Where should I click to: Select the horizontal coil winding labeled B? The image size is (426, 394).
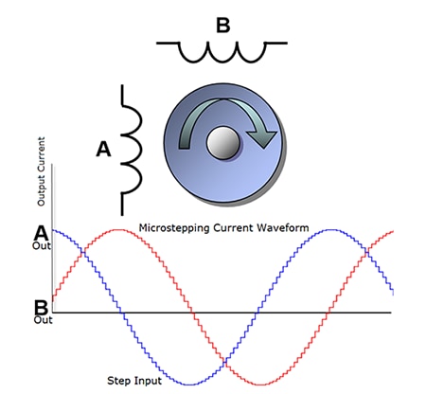pyautogui.click(x=222, y=51)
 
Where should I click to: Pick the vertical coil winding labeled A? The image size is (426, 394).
pyautogui.click(x=131, y=149)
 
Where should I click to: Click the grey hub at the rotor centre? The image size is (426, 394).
pyautogui.click(x=222, y=145)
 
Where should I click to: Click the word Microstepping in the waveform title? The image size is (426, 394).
pyautogui.click(x=174, y=228)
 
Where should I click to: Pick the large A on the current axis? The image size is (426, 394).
pyautogui.click(x=43, y=233)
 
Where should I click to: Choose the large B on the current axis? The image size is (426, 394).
pyautogui.click(x=42, y=308)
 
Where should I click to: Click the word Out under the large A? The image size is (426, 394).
pyautogui.click(x=42, y=246)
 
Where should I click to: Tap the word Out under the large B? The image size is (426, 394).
pyautogui.click(x=43, y=321)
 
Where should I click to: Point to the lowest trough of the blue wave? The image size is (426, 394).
pyautogui.click(x=190, y=384)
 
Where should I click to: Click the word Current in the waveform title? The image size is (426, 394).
pyautogui.click(x=231, y=228)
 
